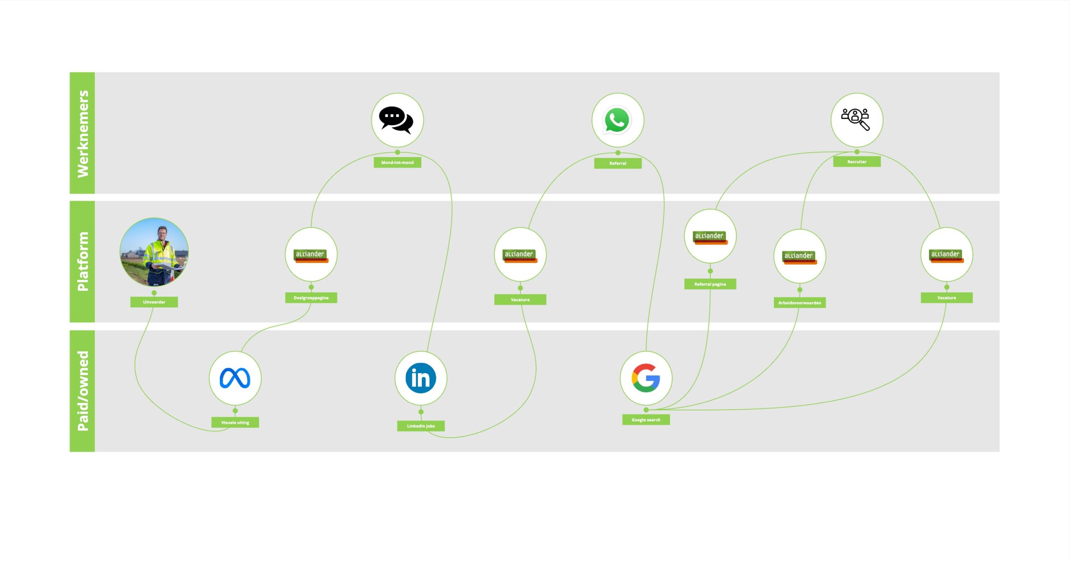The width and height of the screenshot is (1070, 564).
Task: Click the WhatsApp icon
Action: (x=617, y=120)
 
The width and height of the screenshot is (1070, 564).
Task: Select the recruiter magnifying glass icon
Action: (x=856, y=120)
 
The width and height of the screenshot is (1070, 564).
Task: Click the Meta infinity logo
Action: (x=235, y=378)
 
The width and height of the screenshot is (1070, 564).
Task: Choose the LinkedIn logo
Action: (x=421, y=378)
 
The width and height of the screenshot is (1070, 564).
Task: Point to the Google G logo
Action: (x=646, y=378)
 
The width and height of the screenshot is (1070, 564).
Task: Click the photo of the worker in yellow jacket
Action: (x=154, y=252)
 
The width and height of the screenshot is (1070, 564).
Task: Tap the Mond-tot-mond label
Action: (x=397, y=162)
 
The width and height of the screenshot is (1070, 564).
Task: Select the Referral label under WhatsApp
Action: (x=618, y=163)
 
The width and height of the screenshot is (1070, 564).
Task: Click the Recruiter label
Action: (x=857, y=162)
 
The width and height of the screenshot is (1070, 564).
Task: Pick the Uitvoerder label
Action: (x=154, y=302)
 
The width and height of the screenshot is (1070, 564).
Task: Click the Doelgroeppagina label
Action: (x=311, y=298)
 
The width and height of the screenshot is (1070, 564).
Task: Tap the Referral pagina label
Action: (x=710, y=284)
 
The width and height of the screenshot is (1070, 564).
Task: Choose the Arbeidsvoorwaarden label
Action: (x=800, y=303)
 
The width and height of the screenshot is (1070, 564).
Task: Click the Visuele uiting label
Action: (x=235, y=423)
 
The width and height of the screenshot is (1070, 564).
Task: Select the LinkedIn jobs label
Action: (x=421, y=426)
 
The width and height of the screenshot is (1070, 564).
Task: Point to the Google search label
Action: (x=646, y=420)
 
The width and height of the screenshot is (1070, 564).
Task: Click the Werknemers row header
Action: (x=82, y=133)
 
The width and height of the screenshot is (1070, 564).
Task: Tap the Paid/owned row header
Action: (x=82, y=391)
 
